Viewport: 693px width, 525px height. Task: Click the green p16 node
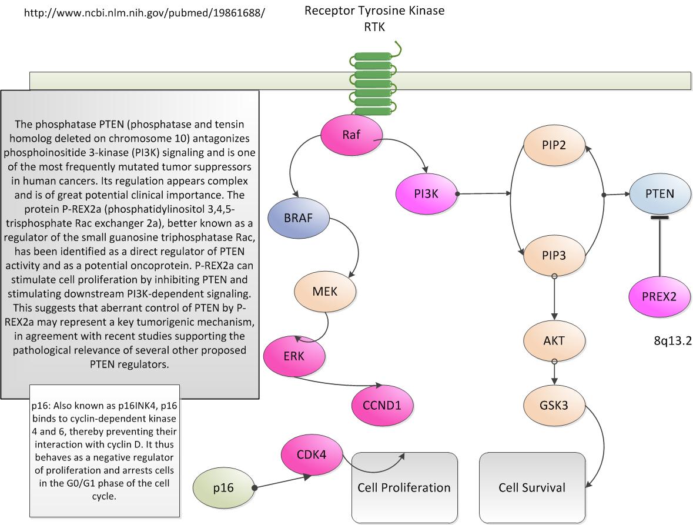[x=223, y=488]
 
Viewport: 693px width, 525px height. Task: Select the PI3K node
[x=426, y=192]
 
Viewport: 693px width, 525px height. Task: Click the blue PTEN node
[x=659, y=193]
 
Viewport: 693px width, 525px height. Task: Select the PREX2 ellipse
[x=659, y=296]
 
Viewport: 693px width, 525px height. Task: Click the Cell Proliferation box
[x=404, y=487]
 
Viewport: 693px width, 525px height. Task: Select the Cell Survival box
[x=532, y=487]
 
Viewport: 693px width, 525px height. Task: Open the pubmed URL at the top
[x=145, y=11]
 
